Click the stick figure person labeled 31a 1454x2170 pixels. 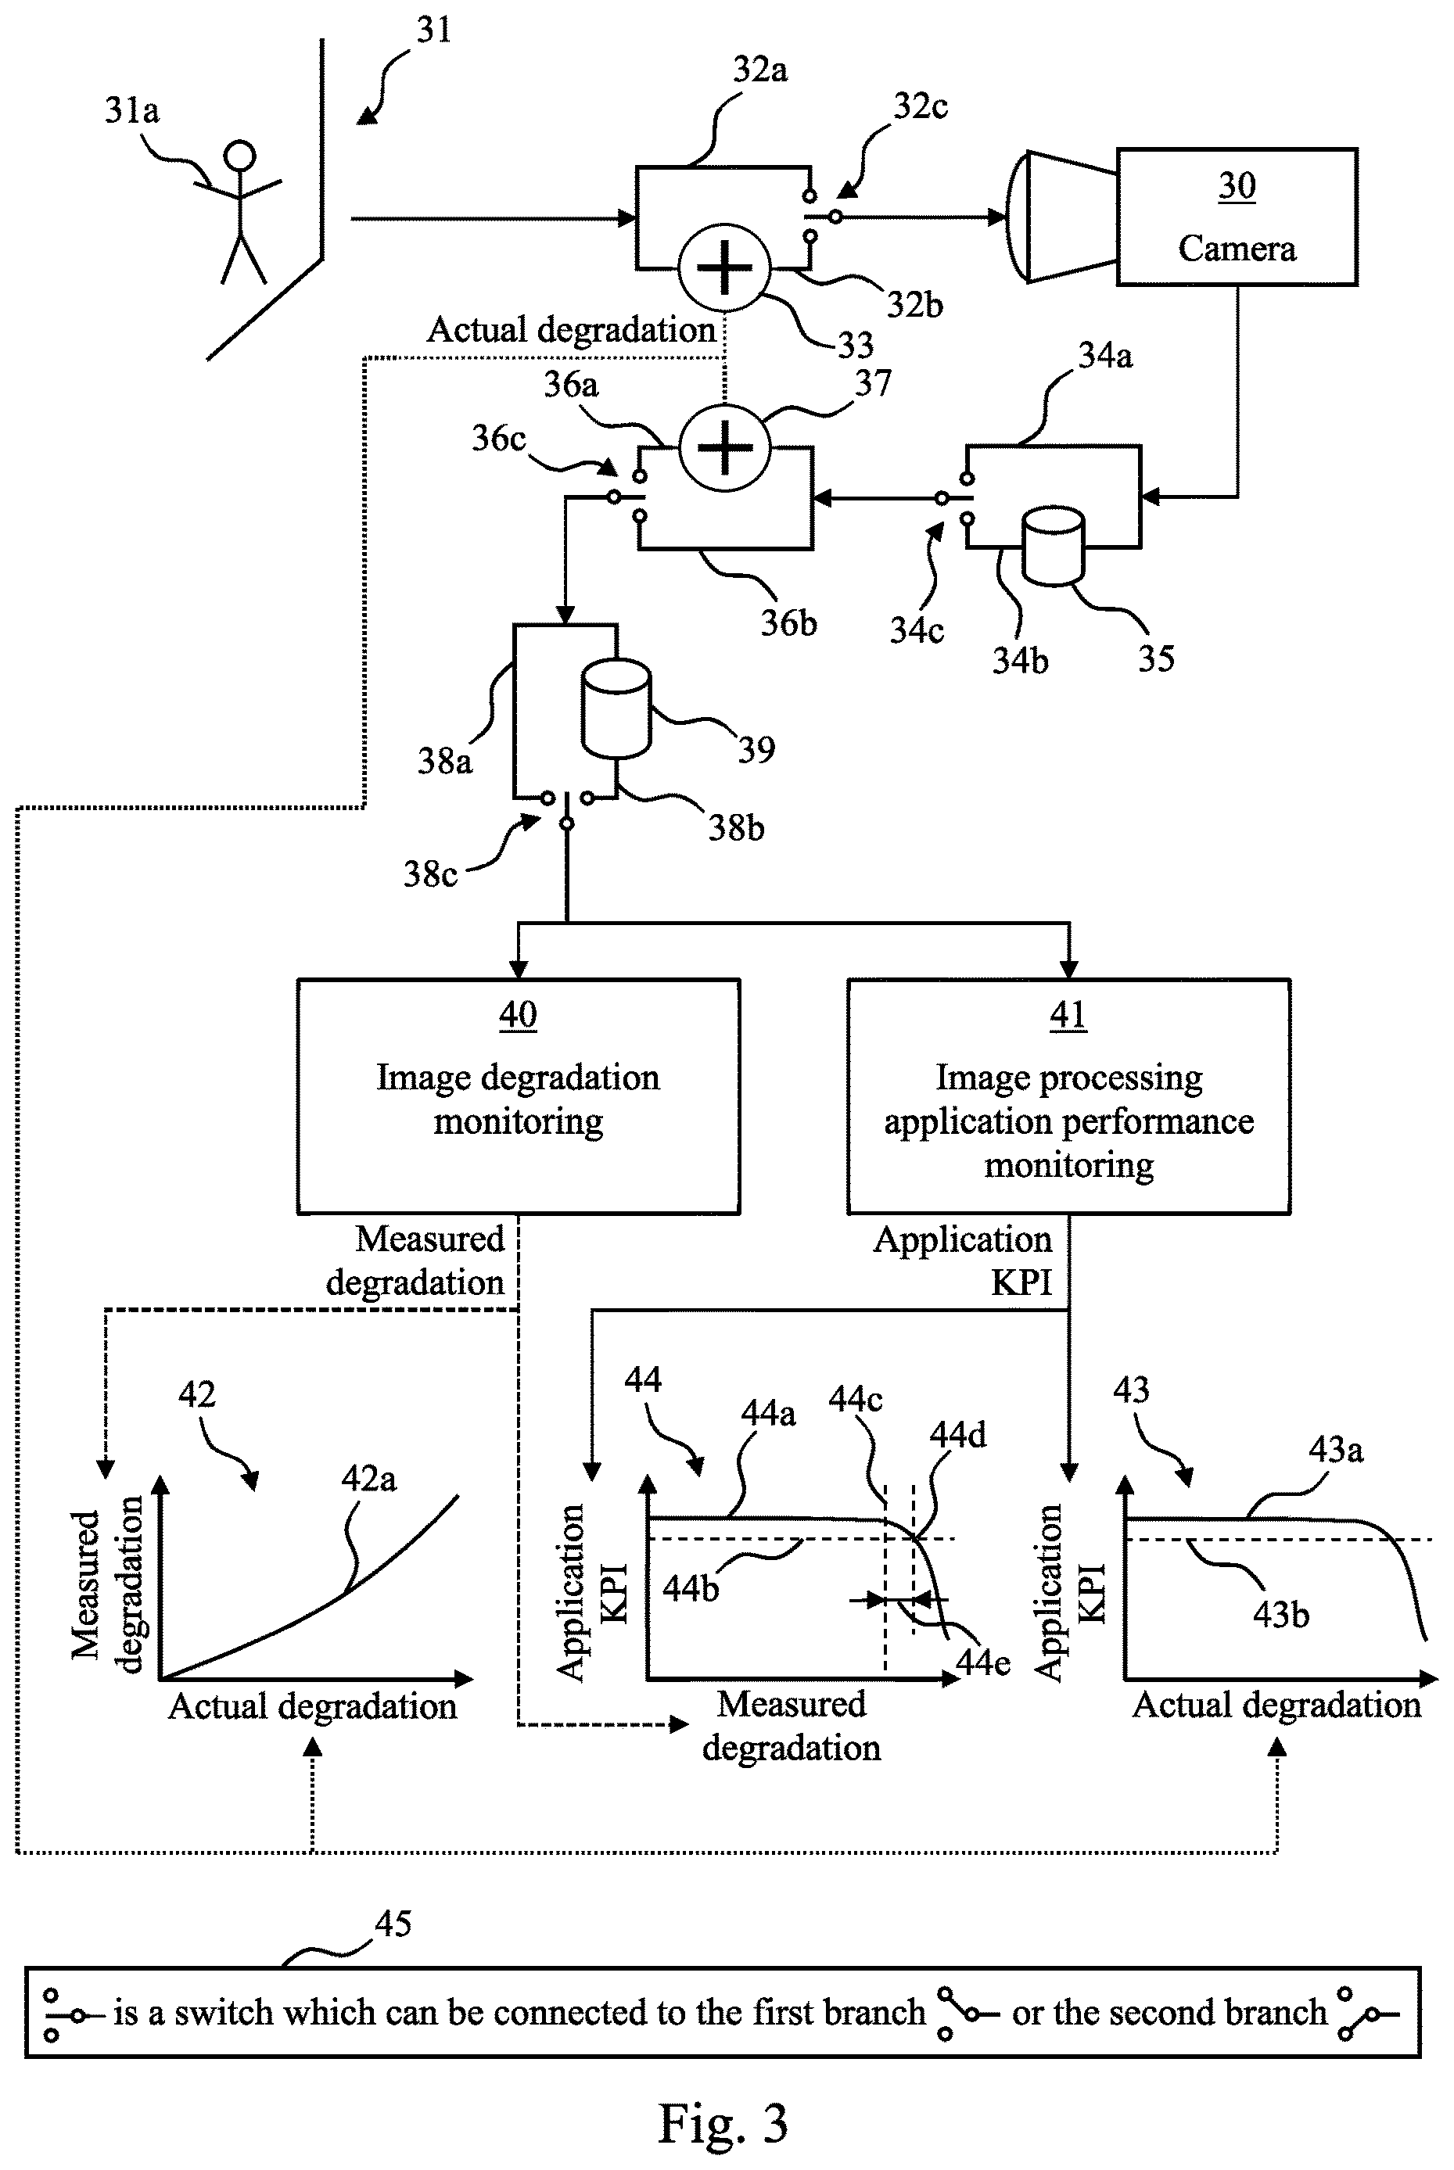tap(239, 211)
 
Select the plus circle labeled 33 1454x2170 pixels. tap(724, 268)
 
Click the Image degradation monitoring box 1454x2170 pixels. tap(519, 1096)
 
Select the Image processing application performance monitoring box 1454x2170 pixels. tap(1068, 1096)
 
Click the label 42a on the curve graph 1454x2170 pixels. tap(368, 1479)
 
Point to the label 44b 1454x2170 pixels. tap(690, 1589)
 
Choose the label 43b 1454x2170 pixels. tap(1280, 1615)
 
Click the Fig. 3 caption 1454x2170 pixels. tap(723, 2123)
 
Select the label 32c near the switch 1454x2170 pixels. tap(920, 106)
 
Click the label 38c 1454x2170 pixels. tap(430, 873)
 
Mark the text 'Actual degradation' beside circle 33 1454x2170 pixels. tap(570, 329)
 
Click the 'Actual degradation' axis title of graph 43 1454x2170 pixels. tap(1277, 1706)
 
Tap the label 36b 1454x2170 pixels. tap(789, 622)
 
